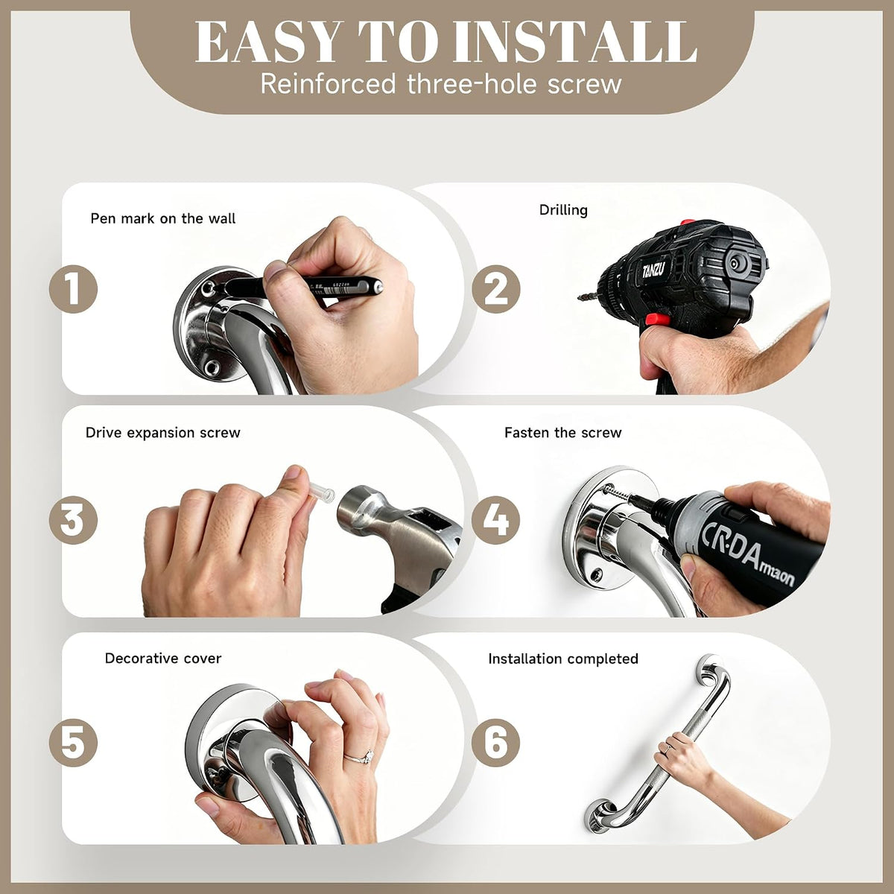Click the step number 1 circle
click(x=73, y=289)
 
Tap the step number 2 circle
click(x=496, y=289)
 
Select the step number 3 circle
click(x=73, y=519)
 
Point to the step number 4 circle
click(x=496, y=519)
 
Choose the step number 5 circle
click(x=73, y=743)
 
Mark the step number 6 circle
click(x=496, y=743)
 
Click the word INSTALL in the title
click(x=574, y=42)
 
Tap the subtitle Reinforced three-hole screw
click(x=441, y=84)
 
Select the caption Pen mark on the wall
click(x=163, y=218)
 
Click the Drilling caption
click(x=563, y=210)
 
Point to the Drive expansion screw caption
click(x=163, y=433)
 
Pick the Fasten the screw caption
click(x=562, y=433)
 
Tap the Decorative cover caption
click(x=163, y=659)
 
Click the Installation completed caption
click(x=563, y=659)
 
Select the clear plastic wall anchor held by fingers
click(x=322, y=492)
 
